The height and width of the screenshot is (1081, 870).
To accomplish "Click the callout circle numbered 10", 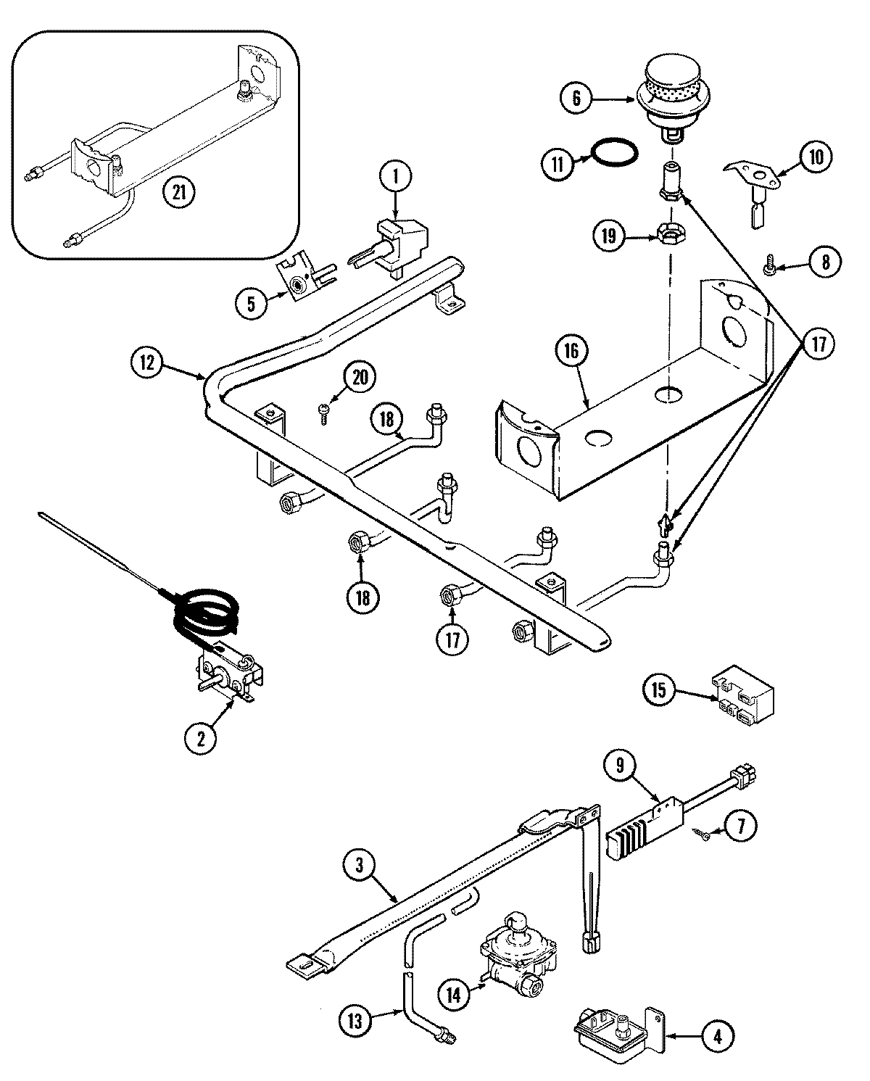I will pyautogui.click(x=816, y=157).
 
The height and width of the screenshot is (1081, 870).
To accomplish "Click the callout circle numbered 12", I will pyautogui.click(x=148, y=363).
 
